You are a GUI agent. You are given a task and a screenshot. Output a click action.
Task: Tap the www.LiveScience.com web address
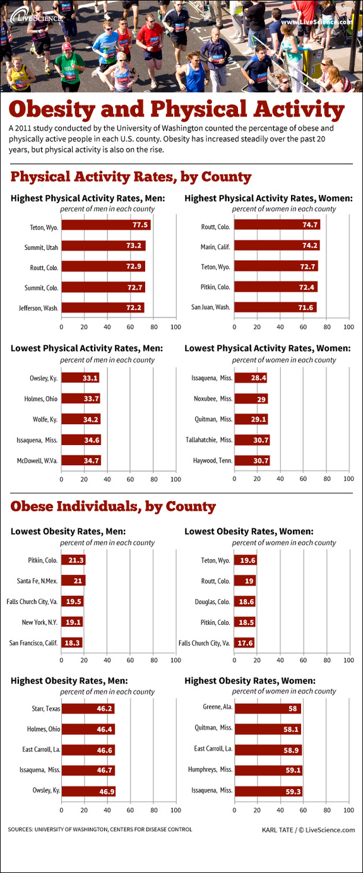pos(316,22)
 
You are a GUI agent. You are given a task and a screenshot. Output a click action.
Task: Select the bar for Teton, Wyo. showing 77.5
pos(106,225)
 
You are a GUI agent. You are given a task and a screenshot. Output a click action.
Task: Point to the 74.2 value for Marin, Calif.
pos(310,246)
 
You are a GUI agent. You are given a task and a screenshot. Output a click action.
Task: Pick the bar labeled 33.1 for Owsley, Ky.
pos(80,378)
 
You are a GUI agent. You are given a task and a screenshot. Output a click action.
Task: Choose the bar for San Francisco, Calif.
pos(72,643)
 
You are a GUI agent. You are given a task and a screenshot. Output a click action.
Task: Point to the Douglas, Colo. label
pos(211,602)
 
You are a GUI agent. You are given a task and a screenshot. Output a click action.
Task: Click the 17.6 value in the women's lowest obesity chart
pos(244,643)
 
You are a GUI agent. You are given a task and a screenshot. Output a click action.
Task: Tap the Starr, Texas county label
pos(45,708)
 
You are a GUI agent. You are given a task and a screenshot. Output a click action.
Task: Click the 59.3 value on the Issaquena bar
pos(292,790)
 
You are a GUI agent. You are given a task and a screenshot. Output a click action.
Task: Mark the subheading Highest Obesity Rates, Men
pos(69,680)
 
